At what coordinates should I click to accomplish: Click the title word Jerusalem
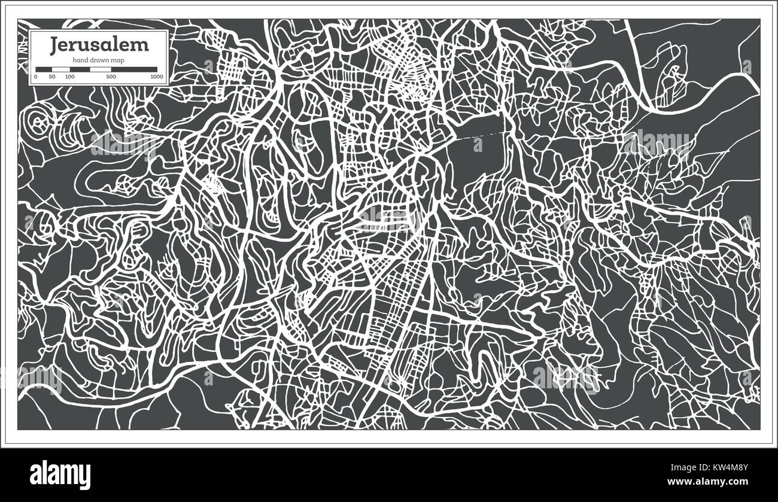99,44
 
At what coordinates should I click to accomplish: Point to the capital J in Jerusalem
54,44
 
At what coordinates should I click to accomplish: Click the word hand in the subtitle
81,60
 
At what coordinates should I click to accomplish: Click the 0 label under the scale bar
36,77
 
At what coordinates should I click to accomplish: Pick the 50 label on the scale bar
52,77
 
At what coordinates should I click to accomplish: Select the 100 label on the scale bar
70,77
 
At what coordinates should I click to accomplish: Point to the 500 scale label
111,77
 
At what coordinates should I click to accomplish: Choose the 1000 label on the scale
157,77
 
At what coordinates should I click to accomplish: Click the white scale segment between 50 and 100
61,69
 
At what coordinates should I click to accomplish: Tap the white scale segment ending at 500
101,69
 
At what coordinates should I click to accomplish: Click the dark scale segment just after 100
80,69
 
